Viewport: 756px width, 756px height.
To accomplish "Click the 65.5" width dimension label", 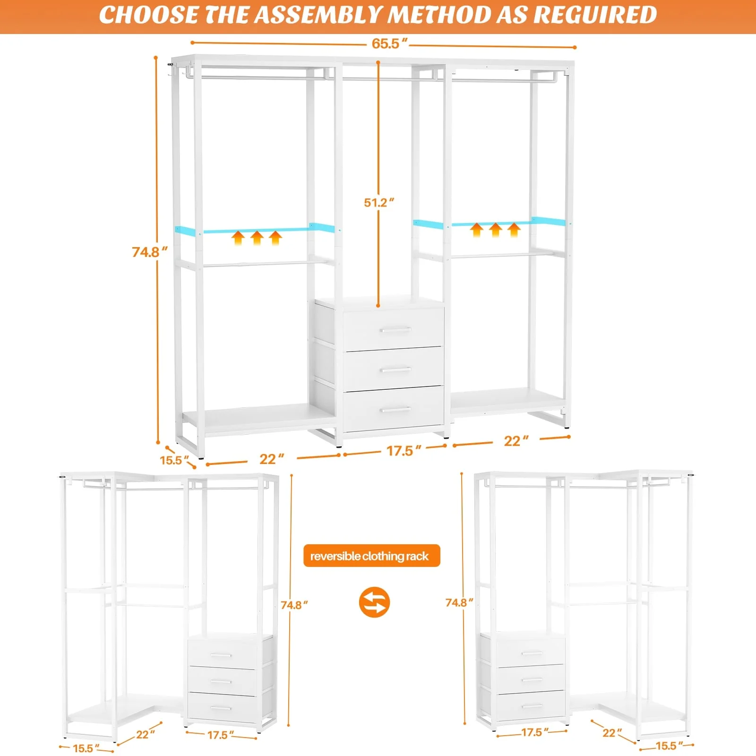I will coord(389,43).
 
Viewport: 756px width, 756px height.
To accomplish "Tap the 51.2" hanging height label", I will coord(378,203).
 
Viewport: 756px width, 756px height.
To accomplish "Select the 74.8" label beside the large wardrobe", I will coord(150,252).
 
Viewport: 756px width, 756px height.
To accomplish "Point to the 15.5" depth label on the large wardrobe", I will coord(174,460).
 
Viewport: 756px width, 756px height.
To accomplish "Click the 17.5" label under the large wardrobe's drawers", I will coord(403,451).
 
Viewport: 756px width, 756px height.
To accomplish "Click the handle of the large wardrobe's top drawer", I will coord(395,330).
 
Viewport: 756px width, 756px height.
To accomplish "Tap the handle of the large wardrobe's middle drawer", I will coord(395,370).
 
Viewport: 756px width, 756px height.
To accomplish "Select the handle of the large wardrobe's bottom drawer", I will coord(395,410).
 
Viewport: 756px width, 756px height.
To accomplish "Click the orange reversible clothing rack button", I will coord(371,556).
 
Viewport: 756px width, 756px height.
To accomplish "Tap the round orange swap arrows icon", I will coord(374,602).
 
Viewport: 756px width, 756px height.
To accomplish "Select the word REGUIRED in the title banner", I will coord(595,15).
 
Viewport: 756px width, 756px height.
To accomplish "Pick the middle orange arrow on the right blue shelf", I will coord(495,230).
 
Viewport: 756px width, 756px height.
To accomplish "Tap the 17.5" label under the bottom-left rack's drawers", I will coord(220,735).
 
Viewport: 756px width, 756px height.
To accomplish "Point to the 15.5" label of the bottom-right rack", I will coord(669,746).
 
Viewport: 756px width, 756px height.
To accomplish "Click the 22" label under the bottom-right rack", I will coord(612,732).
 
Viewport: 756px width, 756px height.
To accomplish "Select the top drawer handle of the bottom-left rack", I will coord(221,655).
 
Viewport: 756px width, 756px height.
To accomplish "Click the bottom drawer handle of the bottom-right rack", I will coord(532,706).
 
